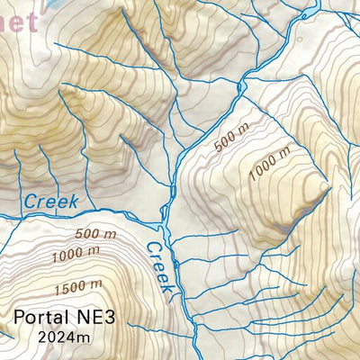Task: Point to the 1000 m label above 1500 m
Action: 76,256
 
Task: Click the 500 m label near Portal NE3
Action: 97,235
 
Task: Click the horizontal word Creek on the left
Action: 51,200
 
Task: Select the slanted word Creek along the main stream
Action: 160,268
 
